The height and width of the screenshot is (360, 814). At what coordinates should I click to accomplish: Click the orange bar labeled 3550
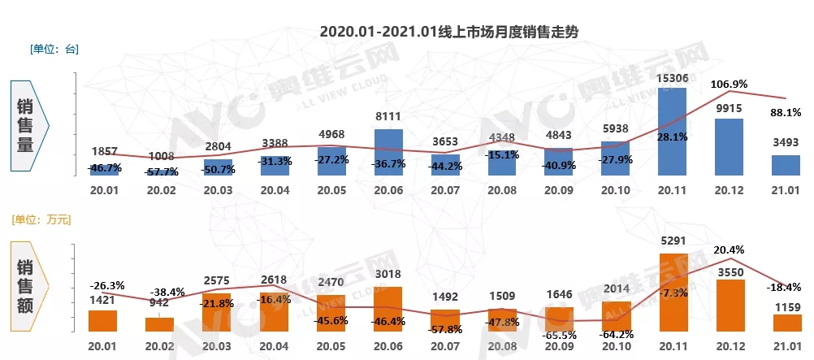[x=728, y=306]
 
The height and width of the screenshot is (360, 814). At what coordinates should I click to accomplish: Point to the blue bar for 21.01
[x=786, y=165]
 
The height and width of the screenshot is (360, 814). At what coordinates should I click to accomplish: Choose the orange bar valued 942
[x=159, y=324]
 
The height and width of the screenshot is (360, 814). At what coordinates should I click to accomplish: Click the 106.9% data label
[x=729, y=84]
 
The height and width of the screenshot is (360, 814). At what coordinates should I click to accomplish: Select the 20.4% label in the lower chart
[x=729, y=249]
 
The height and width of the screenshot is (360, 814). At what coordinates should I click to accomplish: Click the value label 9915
[x=729, y=108]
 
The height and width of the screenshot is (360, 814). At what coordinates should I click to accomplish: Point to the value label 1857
[x=103, y=152]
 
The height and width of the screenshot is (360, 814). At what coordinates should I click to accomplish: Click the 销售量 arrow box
[x=31, y=125]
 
